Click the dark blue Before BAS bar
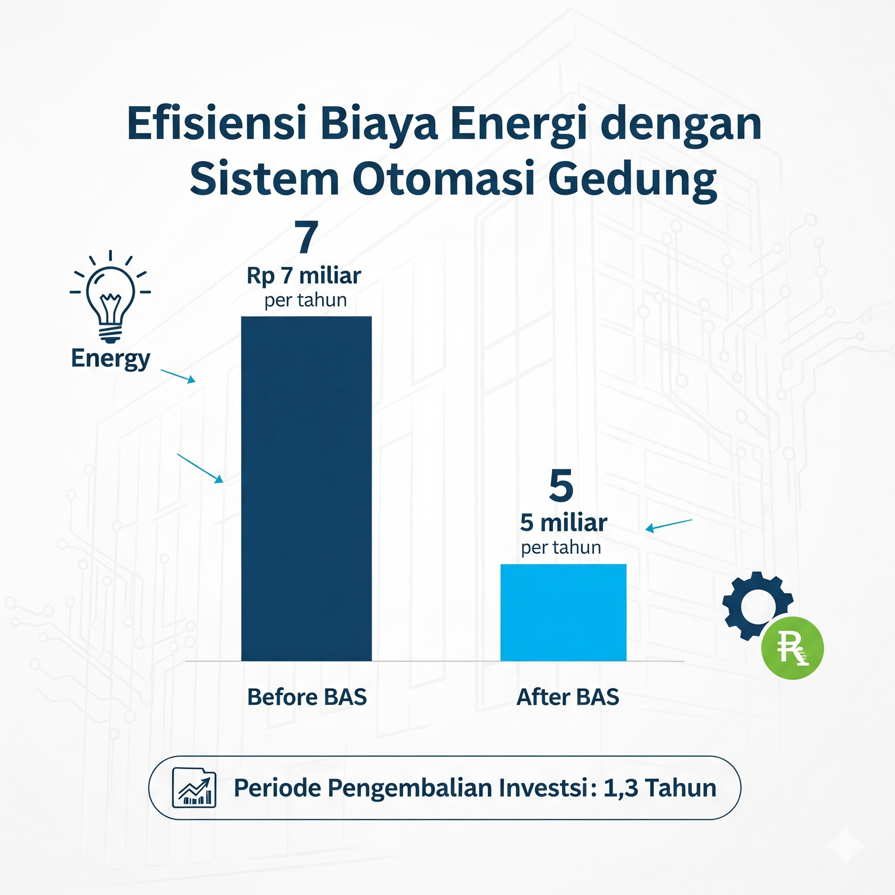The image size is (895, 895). (x=307, y=489)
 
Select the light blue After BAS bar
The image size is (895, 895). (x=563, y=613)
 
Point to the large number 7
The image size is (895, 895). (x=307, y=237)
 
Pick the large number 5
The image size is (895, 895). (x=562, y=485)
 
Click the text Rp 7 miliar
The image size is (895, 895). (x=304, y=276)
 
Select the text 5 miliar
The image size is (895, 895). (x=563, y=523)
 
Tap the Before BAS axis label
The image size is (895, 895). (x=307, y=697)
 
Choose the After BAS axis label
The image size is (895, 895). (x=568, y=697)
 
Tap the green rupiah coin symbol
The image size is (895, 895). (x=793, y=648)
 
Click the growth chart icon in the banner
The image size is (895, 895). (x=194, y=788)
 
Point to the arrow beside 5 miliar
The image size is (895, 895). (x=669, y=526)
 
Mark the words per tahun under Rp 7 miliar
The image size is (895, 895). (x=305, y=300)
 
